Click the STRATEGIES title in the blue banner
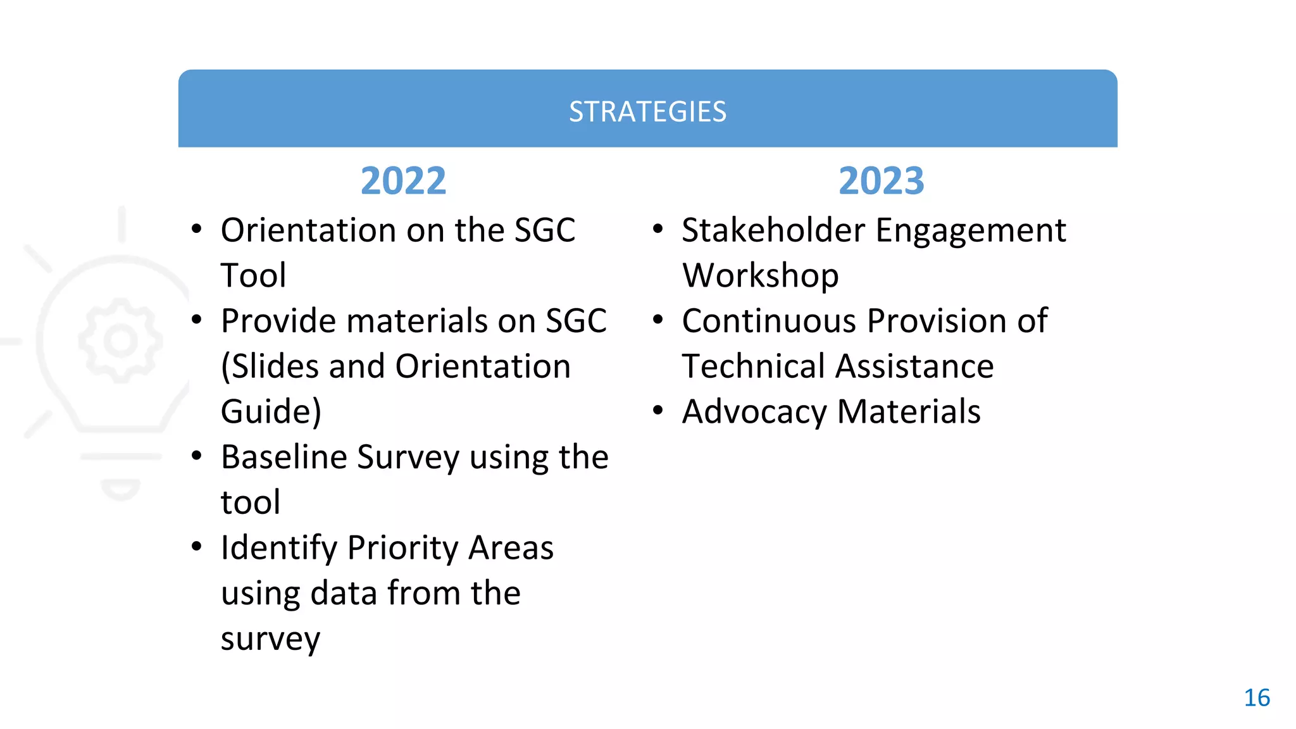[x=647, y=112]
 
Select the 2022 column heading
[x=403, y=181]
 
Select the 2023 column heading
[x=881, y=181]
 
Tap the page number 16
[x=1257, y=698]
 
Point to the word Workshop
[x=761, y=276]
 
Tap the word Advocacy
[x=754, y=412]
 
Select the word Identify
[x=278, y=548]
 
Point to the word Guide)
[x=271, y=412]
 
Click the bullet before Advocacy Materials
[x=658, y=411]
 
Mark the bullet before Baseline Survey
[x=197, y=456]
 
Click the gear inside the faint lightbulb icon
[x=120, y=340]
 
